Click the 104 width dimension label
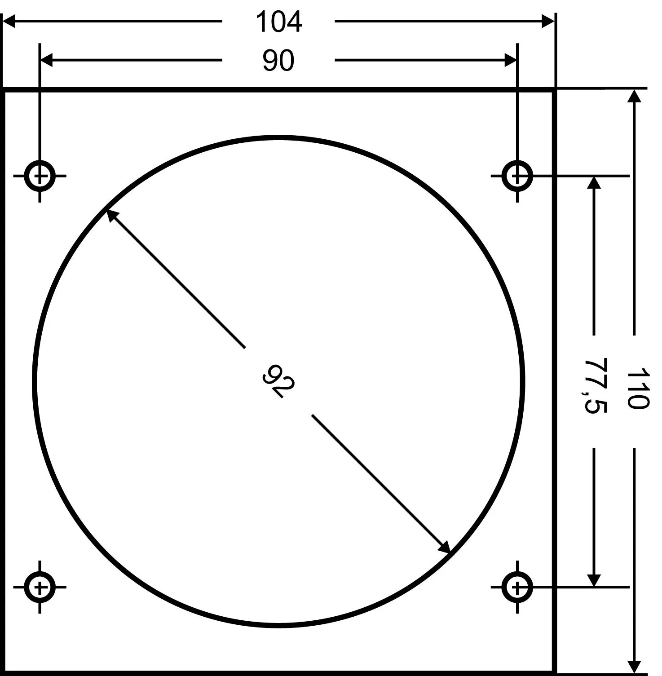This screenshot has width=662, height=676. click(278, 22)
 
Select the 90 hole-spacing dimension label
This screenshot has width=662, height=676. click(278, 61)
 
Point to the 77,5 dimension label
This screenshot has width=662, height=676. click(596, 386)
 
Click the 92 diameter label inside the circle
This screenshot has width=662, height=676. click(278, 381)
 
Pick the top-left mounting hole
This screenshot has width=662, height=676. click(40, 176)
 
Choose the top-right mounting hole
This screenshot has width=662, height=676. click(517, 176)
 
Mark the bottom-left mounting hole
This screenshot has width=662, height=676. click(40, 587)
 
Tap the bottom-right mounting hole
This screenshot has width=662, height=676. click(517, 587)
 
